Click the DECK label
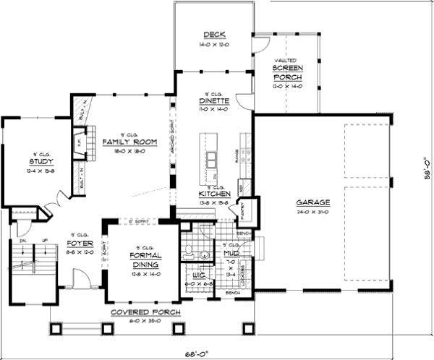(x=215, y=35)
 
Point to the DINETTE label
(x=213, y=102)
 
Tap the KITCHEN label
(x=214, y=194)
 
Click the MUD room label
(x=231, y=254)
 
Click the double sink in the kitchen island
(x=213, y=160)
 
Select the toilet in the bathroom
(x=187, y=252)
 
